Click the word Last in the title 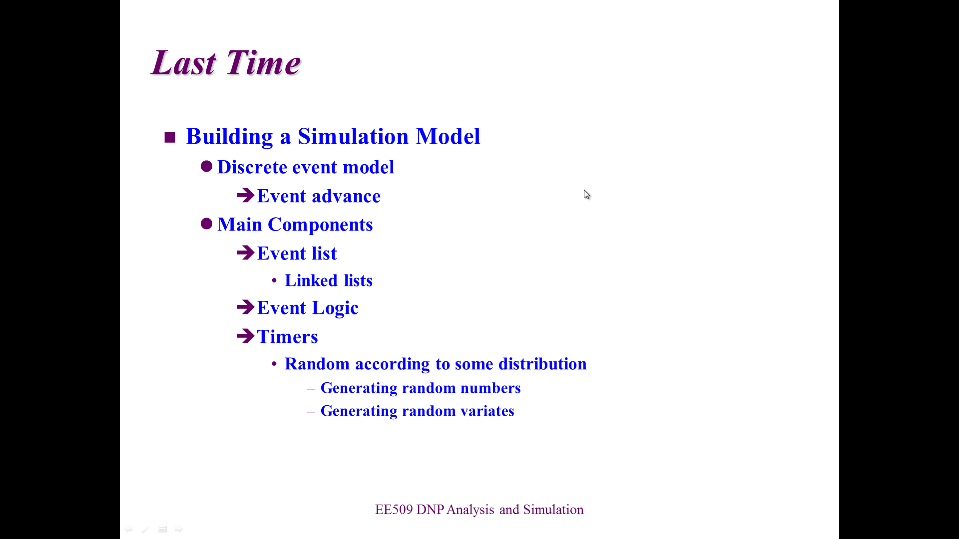(183, 63)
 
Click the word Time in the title (263, 63)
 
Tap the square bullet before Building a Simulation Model (170, 137)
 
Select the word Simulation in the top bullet (353, 136)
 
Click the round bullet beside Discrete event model (206, 166)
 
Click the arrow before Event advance (245, 195)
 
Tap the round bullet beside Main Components (206, 224)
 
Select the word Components (320, 225)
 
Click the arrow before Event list (245, 252)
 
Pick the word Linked (311, 280)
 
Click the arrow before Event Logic (245, 306)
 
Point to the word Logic (335, 308)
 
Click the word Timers (287, 337)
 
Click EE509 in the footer (394, 510)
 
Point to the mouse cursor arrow (586, 195)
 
